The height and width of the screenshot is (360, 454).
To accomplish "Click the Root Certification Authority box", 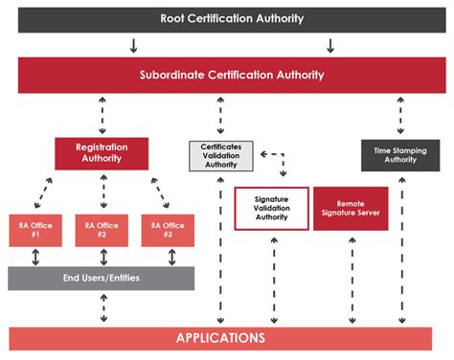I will [226, 18].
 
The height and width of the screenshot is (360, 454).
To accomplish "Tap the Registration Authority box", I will [102, 153].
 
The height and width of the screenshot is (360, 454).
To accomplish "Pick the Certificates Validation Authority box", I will [221, 155].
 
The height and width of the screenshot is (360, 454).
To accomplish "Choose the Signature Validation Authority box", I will [271, 208].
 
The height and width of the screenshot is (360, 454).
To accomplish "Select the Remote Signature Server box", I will [351, 208].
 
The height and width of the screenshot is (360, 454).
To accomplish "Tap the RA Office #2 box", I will [102, 231].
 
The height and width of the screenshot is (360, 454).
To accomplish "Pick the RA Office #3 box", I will [167, 231].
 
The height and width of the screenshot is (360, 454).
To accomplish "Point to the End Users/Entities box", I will [102, 279].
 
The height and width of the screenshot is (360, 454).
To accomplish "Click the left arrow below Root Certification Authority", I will [133, 45].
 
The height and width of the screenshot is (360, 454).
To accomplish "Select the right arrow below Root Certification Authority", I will [330, 45].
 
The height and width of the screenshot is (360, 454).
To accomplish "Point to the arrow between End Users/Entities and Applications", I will [102, 308].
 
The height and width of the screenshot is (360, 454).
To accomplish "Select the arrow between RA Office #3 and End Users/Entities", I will [167, 257].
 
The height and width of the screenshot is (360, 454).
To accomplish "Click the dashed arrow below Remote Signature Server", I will [351, 278].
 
